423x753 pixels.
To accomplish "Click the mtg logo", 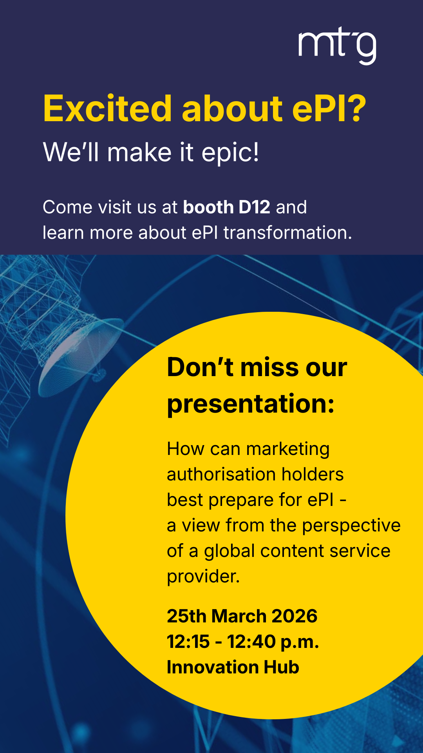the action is tap(337, 45).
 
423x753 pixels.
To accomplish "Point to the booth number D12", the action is tap(254, 207).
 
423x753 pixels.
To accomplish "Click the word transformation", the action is tap(287, 233).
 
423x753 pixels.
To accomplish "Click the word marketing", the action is tap(288, 449).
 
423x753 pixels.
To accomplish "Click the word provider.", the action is tap(203, 577).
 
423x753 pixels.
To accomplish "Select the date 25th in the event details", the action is tap(186, 616).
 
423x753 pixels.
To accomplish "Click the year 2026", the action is tap(294, 616).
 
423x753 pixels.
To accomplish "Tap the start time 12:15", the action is tap(188, 642).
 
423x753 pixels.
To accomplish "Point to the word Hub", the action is tap(281, 667).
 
